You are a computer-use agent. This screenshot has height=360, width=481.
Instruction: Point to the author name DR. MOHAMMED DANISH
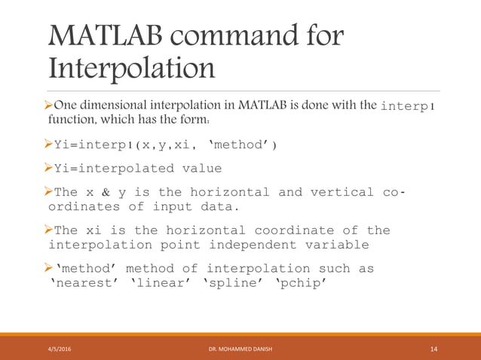click(x=240, y=349)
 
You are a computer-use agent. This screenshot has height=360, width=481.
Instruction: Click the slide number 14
click(x=434, y=349)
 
